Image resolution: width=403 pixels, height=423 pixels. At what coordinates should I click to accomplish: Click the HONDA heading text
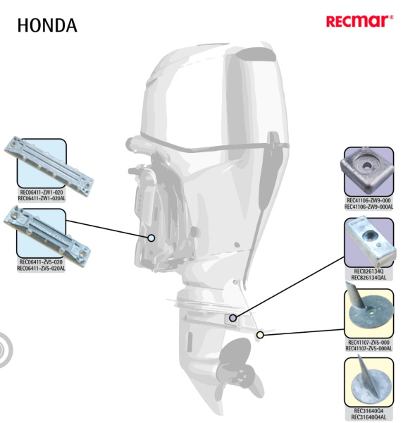[47, 25]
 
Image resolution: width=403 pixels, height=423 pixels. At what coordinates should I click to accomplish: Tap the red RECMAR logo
[359, 21]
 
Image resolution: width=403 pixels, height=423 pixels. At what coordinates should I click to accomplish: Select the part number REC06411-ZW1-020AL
[42, 199]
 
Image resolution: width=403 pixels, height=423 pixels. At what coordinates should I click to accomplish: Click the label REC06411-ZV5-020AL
[41, 269]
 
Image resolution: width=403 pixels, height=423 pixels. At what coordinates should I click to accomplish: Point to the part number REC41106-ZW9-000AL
[368, 207]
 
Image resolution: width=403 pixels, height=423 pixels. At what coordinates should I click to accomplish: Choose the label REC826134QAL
[368, 278]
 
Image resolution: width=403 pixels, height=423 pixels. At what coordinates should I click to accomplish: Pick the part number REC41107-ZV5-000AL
[368, 348]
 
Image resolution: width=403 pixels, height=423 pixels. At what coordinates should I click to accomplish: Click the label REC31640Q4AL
[368, 417]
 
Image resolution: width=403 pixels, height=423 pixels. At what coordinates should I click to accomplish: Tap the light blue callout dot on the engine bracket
[151, 238]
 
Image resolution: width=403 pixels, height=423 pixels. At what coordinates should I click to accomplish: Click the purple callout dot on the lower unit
[233, 318]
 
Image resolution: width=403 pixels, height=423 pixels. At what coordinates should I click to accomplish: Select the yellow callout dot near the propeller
[260, 335]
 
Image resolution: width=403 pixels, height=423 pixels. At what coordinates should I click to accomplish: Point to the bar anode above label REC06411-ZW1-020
[49, 166]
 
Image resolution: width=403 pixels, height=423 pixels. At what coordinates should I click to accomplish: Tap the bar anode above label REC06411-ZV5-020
[47, 236]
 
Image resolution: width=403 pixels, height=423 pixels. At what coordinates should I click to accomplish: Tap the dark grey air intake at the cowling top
[255, 54]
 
